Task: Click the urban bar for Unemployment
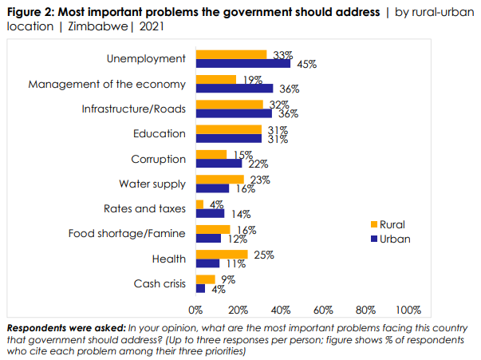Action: [242, 64]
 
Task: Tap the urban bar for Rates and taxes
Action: [210, 214]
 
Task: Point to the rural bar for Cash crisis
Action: [205, 279]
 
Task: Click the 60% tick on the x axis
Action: [323, 309]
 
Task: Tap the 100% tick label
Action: [408, 309]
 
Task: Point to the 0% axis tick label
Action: [195, 309]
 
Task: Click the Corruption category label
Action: [158, 159]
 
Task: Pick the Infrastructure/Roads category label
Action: [133, 109]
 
